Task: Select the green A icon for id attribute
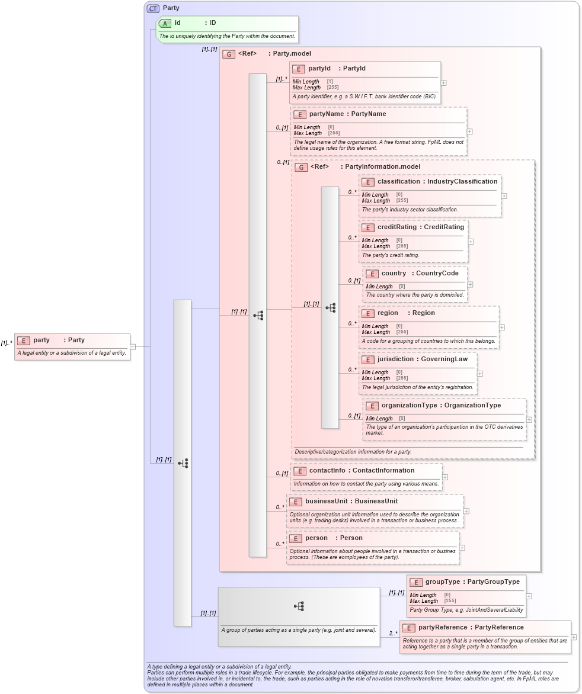(165, 23)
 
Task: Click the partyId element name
(319, 69)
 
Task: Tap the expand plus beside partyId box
(443, 83)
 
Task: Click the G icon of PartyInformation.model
(301, 167)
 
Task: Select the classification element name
(399, 182)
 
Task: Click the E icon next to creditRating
(367, 227)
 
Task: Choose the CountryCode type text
(437, 274)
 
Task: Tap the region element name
(388, 313)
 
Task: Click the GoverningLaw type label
(445, 359)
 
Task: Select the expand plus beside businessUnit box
(466, 511)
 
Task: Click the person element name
(316, 538)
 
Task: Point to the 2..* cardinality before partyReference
(393, 634)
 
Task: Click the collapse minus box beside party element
(133, 347)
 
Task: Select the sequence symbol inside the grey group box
(299, 606)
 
